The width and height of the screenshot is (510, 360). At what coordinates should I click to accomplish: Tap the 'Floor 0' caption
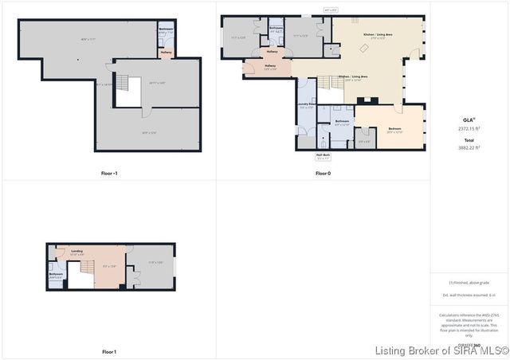323,173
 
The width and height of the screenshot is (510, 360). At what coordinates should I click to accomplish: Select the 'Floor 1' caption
109,351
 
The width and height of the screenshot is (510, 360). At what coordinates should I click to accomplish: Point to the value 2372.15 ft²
469,128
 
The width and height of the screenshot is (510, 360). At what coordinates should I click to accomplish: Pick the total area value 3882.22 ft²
469,147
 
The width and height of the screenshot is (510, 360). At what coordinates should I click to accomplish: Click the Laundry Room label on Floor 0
307,105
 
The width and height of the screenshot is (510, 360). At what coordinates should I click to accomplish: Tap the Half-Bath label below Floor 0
323,157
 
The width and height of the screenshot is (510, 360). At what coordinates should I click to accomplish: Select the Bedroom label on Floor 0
394,128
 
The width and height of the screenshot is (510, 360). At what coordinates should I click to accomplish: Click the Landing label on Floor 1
76,252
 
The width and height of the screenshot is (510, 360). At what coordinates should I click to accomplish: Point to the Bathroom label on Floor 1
56,274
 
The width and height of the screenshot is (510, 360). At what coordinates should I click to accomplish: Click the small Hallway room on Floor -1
166,53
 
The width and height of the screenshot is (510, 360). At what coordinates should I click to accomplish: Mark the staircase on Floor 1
80,276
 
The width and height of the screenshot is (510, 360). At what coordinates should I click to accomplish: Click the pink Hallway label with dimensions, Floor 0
269,67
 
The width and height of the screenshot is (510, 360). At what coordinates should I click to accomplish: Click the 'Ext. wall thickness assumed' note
469,295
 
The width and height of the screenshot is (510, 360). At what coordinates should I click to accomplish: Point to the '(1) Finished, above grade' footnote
469,283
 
